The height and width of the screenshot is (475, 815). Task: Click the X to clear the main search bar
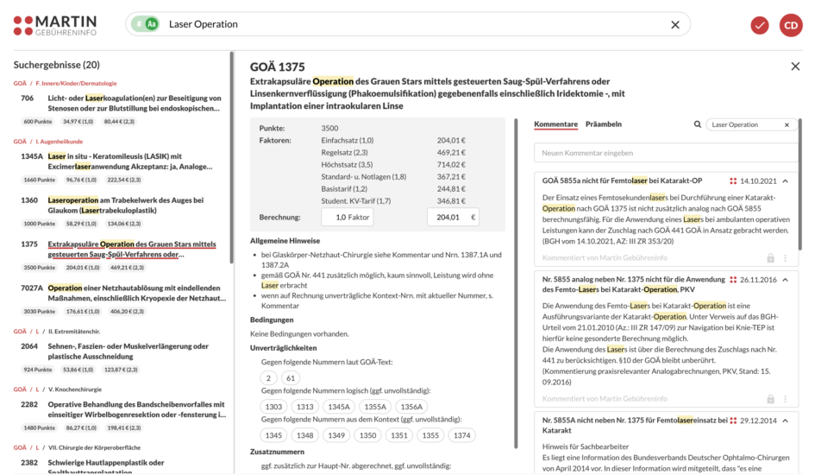pyautogui.click(x=675, y=24)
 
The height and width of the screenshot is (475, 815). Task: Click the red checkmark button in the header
pyautogui.click(x=760, y=25)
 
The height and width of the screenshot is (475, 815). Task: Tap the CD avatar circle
pyautogui.click(x=791, y=25)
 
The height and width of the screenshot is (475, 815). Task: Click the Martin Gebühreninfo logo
pyautogui.click(x=55, y=25)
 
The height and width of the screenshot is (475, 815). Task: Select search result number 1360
pyautogui.click(x=121, y=205)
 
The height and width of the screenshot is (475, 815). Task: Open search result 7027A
pyautogui.click(x=121, y=293)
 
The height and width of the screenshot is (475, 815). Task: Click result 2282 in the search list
pyautogui.click(x=121, y=408)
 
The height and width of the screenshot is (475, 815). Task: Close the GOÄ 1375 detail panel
pyautogui.click(x=795, y=66)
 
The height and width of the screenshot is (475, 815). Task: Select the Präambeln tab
pyautogui.click(x=604, y=124)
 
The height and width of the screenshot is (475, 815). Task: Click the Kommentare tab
pyautogui.click(x=555, y=124)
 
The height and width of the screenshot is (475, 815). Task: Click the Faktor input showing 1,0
pyautogui.click(x=347, y=218)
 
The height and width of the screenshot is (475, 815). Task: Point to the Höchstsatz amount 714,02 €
pyautogui.click(x=450, y=164)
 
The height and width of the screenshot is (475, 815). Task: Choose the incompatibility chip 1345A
pyautogui.click(x=340, y=407)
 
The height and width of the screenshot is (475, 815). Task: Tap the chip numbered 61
pyautogui.click(x=291, y=378)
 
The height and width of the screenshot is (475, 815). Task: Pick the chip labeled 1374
pyautogui.click(x=462, y=435)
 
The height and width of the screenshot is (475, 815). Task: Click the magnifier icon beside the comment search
pyautogui.click(x=698, y=125)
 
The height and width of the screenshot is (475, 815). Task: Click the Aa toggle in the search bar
pyautogui.click(x=152, y=24)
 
